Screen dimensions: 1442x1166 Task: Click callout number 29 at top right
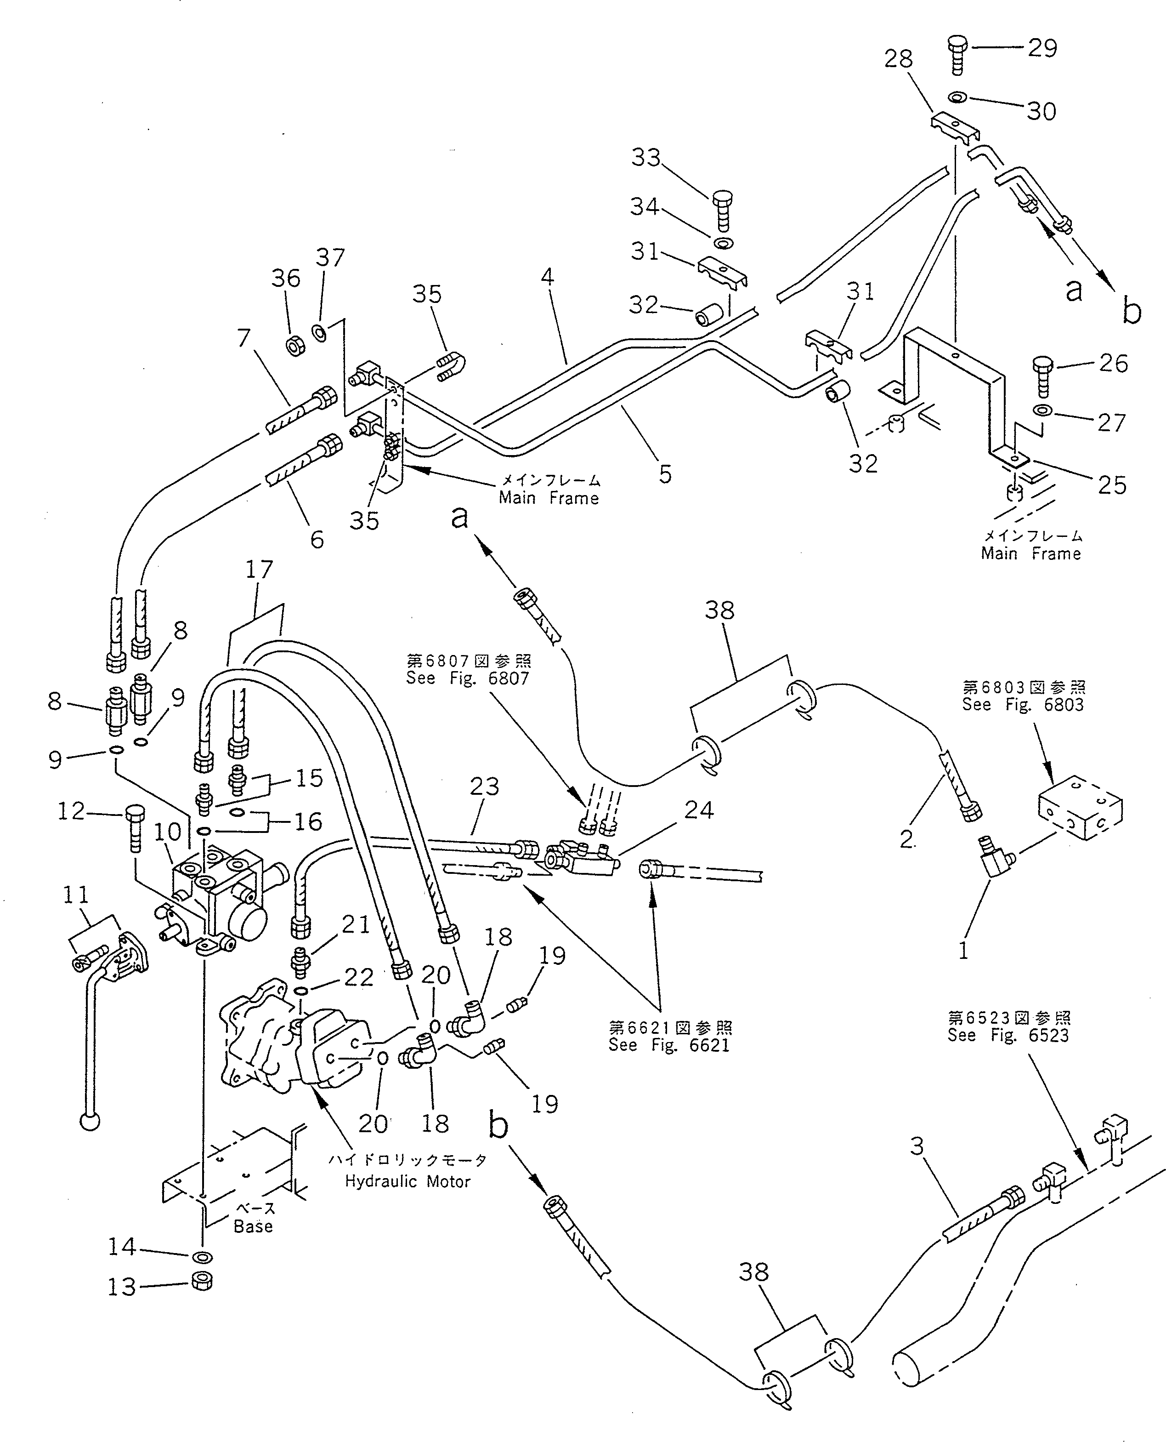1042,48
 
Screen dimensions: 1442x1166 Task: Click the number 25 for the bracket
1112,484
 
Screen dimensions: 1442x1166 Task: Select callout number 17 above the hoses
259,570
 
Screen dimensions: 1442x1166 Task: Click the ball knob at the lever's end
90,1122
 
